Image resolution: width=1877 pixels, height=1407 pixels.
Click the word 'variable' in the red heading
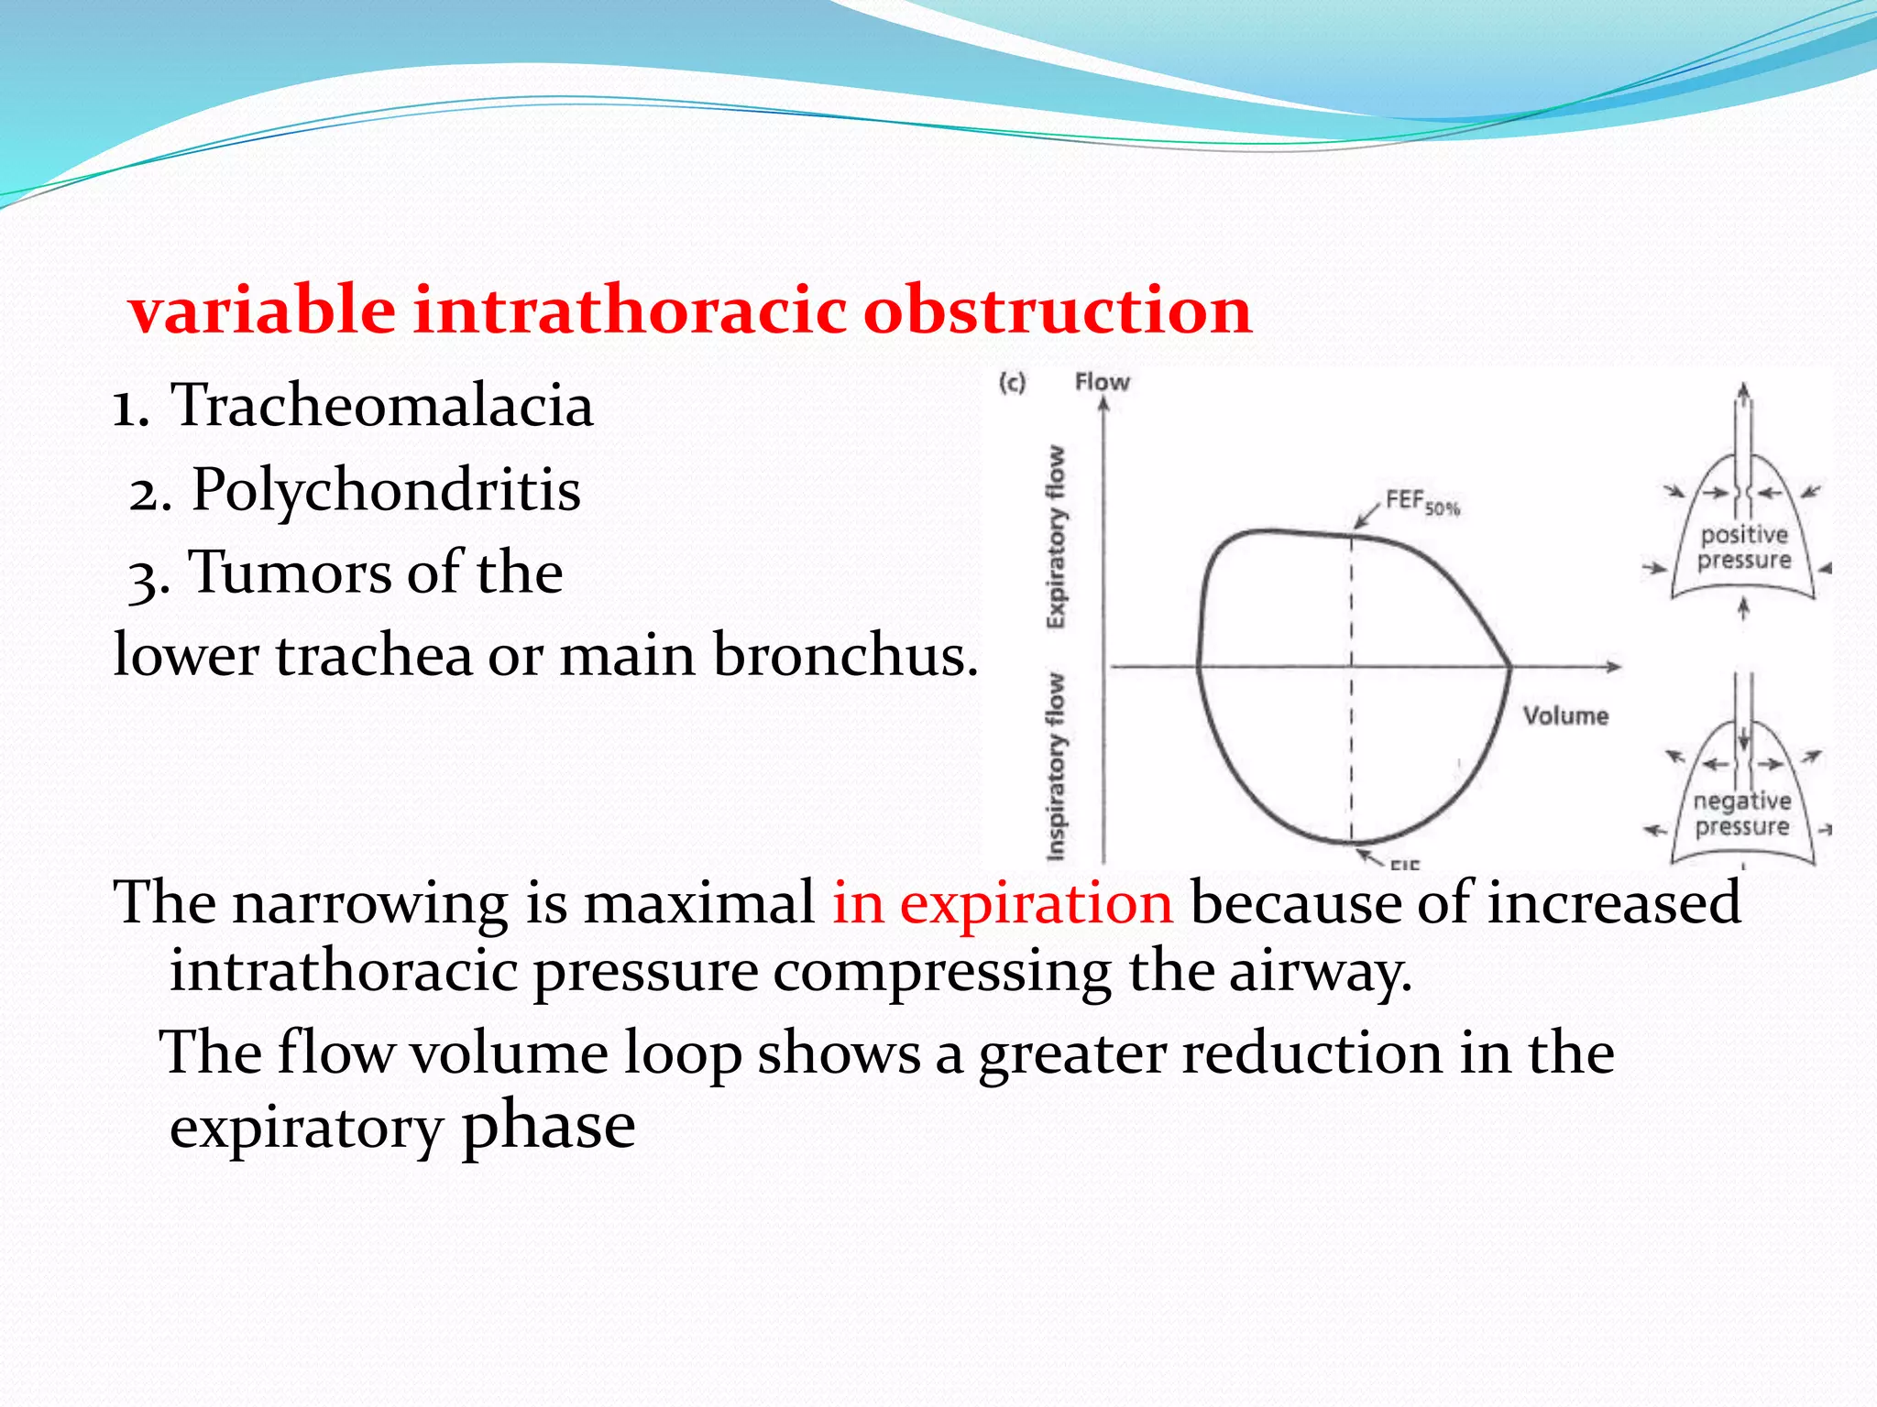pos(262,310)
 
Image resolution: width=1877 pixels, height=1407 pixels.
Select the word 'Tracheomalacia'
pos(382,405)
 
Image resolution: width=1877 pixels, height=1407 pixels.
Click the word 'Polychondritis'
pos(386,489)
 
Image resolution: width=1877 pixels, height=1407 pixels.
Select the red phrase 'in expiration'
pos(1002,902)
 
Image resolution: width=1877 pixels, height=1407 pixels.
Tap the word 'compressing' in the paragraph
pos(941,971)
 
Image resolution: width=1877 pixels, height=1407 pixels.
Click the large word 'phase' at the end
pos(548,1126)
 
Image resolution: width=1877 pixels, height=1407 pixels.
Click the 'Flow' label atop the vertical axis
pos(1102,382)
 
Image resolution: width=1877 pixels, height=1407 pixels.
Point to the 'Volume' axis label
pos(1565,715)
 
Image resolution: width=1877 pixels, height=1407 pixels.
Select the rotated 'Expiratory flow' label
pos(1057,537)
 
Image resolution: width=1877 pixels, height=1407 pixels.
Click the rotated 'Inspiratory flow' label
pos(1057,767)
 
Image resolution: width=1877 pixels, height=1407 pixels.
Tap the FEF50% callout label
pos(1421,502)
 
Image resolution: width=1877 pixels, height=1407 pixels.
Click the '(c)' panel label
pos(1012,383)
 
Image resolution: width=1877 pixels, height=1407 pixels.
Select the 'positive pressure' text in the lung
pos(1743,547)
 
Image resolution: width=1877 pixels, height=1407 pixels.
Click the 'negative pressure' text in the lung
pos(1741,813)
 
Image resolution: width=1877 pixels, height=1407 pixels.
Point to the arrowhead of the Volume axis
pos(1614,667)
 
